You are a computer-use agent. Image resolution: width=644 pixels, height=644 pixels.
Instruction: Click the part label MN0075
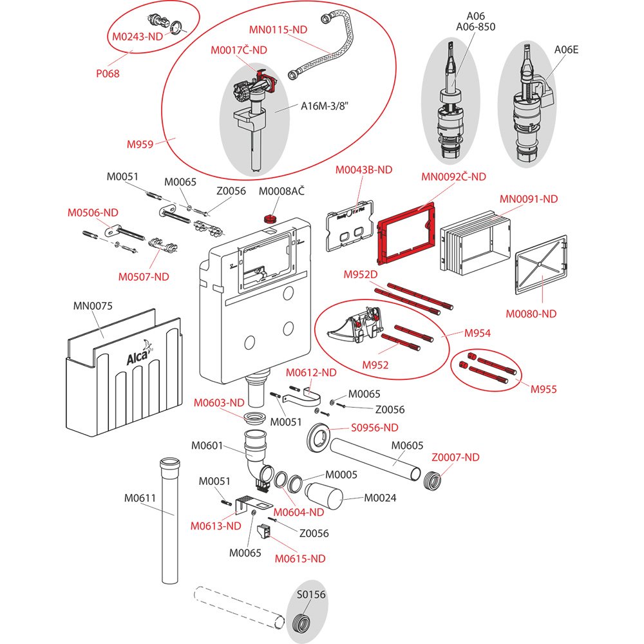(93, 306)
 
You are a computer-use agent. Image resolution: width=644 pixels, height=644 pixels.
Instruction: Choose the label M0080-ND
(531, 314)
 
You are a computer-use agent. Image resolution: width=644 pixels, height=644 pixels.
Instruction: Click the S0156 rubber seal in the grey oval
(300, 623)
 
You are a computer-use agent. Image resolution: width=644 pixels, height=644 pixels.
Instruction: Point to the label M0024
(380, 498)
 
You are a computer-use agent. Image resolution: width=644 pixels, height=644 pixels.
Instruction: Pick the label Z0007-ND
(455, 457)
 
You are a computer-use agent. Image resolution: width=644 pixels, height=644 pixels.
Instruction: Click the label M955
(544, 389)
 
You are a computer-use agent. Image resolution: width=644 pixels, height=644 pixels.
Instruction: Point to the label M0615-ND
(300, 558)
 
